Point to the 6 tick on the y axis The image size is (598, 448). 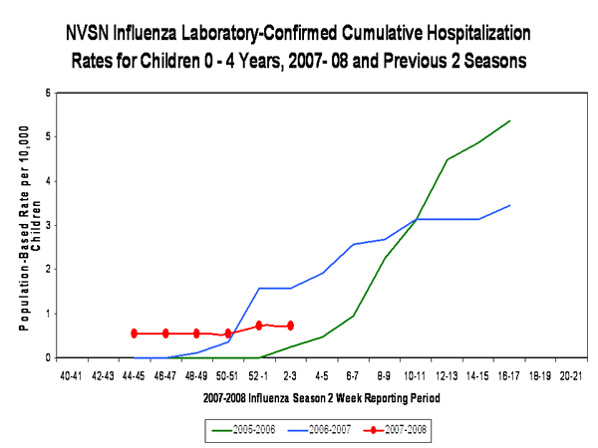[48, 93]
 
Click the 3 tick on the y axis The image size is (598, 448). [48, 225]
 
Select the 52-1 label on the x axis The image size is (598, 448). [259, 376]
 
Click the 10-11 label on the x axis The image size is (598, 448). [415, 376]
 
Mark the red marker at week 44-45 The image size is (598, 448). [135, 334]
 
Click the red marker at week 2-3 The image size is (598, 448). [290, 326]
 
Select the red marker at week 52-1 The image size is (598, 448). [259, 326]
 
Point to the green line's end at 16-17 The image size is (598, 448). [510, 120]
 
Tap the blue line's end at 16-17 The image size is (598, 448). [510, 205]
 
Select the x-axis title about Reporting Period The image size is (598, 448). [321, 397]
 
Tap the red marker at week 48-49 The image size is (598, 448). [196, 334]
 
